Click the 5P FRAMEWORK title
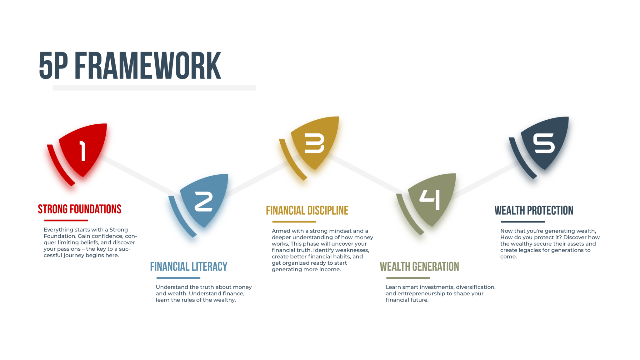pyautogui.click(x=130, y=65)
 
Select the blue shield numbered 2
pyautogui.click(x=204, y=201)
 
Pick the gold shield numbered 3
pyautogui.click(x=315, y=143)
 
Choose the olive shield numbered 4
pyautogui.click(x=432, y=200)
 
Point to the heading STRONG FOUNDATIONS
pyautogui.click(x=80, y=209)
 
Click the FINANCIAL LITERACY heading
pyautogui.click(x=189, y=267)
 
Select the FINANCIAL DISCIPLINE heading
pyautogui.click(x=307, y=210)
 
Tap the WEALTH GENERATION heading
pyautogui.click(x=419, y=267)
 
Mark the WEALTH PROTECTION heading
pyautogui.click(x=534, y=210)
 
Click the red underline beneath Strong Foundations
pyautogui.click(x=66, y=220)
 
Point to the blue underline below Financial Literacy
pyautogui.click(x=178, y=278)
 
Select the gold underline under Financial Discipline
pyautogui.click(x=294, y=222)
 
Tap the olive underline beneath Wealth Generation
pyautogui.click(x=408, y=278)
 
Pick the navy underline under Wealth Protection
pyautogui.click(x=523, y=222)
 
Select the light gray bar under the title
pyautogui.click(x=154, y=88)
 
